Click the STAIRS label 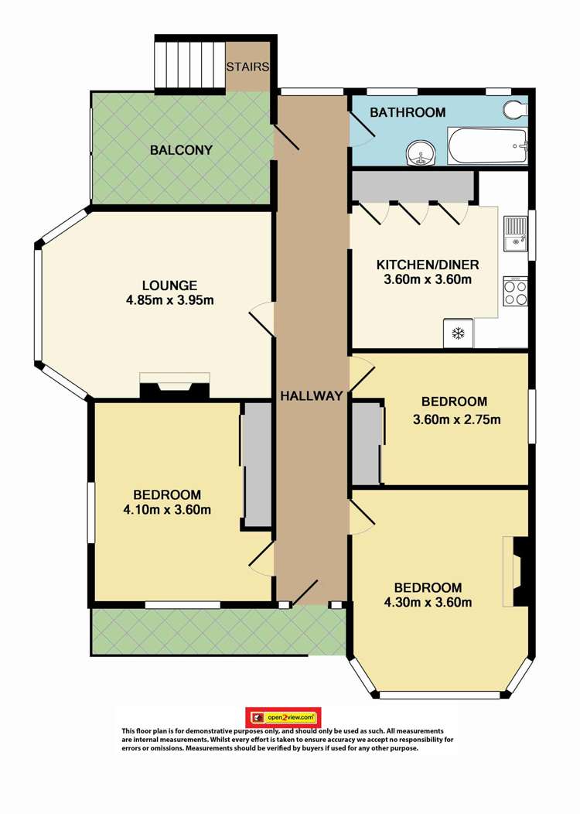247,67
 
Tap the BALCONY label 181,150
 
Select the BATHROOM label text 408,113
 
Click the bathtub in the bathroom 487,146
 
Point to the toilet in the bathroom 516,111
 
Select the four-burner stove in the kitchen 516,292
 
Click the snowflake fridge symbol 457,333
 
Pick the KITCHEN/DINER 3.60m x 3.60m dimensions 427,280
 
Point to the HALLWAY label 311,396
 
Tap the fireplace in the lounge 174,387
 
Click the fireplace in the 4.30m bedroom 518,571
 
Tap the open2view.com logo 283,717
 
